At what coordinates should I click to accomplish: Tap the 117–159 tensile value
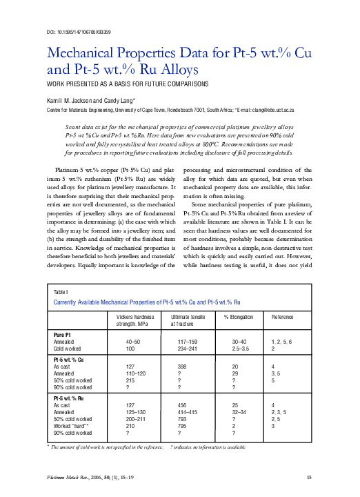[188, 341]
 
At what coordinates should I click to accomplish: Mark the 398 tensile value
[183, 367]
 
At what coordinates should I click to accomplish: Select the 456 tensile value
[183, 405]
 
